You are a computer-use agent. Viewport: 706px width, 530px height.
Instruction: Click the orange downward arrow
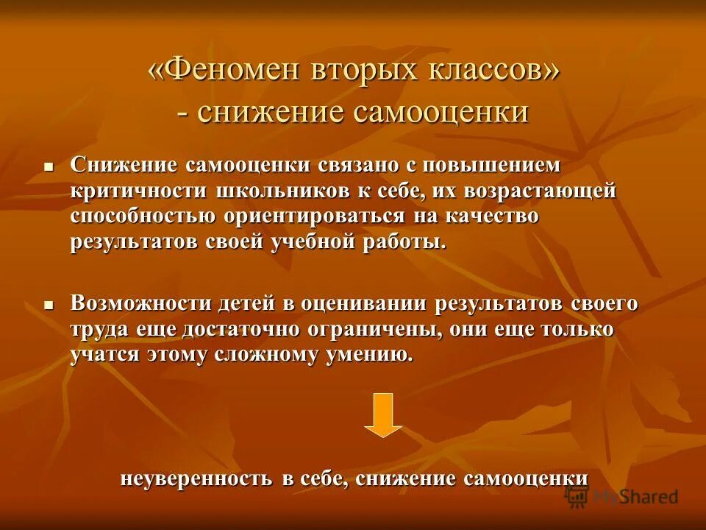383,414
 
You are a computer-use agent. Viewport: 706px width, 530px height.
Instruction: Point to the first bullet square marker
49,167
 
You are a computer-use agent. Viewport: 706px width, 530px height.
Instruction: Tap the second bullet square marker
49,305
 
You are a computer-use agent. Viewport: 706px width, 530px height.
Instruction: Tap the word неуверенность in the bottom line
196,478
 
